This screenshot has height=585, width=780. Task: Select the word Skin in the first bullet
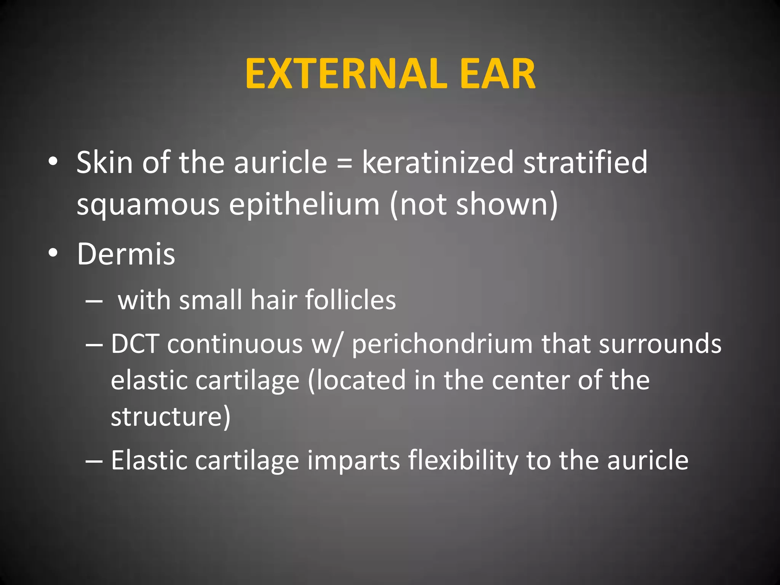(x=104, y=163)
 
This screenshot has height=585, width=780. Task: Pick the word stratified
(x=585, y=163)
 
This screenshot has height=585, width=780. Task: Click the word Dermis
(x=126, y=254)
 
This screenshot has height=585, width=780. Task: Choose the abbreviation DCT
(x=135, y=344)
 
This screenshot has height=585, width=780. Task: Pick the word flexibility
(x=463, y=461)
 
